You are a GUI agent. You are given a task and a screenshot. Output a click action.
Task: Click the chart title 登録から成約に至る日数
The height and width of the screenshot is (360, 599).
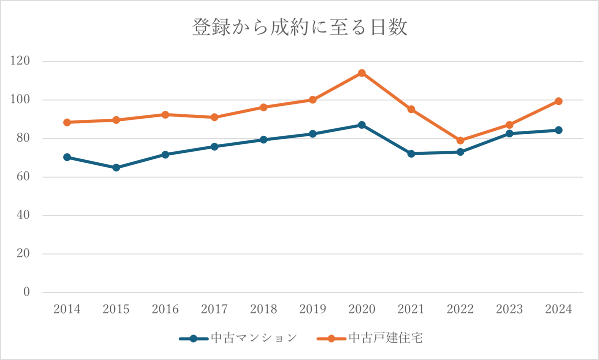pyautogui.click(x=299, y=27)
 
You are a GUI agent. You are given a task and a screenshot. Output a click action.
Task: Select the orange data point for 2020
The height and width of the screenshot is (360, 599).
pyautogui.click(x=362, y=73)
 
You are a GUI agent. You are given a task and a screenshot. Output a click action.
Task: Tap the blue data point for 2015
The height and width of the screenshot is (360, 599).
pyautogui.click(x=116, y=168)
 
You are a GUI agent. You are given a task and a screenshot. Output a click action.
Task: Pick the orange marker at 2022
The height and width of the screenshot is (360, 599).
pyautogui.click(x=460, y=141)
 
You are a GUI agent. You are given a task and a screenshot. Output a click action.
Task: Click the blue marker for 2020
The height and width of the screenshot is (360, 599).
pyautogui.click(x=362, y=125)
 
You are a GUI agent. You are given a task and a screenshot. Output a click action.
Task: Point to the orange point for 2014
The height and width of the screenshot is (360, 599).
pyautogui.click(x=67, y=122)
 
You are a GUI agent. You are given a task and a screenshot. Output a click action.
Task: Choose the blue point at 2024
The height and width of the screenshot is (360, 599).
pyautogui.click(x=559, y=130)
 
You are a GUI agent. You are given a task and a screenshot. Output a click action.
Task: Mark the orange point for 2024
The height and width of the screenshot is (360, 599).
pyautogui.click(x=559, y=101)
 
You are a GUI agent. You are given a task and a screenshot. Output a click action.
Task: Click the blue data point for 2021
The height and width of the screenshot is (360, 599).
pyautogui.click(x=411, y=154)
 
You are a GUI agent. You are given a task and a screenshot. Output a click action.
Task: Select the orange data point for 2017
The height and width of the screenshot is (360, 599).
pyautogui.click(x=215, y=117)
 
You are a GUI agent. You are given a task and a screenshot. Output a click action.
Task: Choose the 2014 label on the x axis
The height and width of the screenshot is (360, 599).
pyautogui.click(x=67, y=310)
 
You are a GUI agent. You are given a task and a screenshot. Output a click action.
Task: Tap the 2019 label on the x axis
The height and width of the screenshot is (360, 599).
pyautogui.click(x=313, y=310)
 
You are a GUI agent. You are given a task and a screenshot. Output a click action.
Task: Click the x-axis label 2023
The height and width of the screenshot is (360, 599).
pyautogui.click(x=509, y=310)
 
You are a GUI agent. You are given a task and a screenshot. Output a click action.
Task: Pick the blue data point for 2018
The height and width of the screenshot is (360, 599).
pyautogui.click(x=264, y=140)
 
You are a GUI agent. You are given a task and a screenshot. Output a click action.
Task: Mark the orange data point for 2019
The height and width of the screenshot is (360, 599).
pyautogui.click(x=313, y=100)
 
